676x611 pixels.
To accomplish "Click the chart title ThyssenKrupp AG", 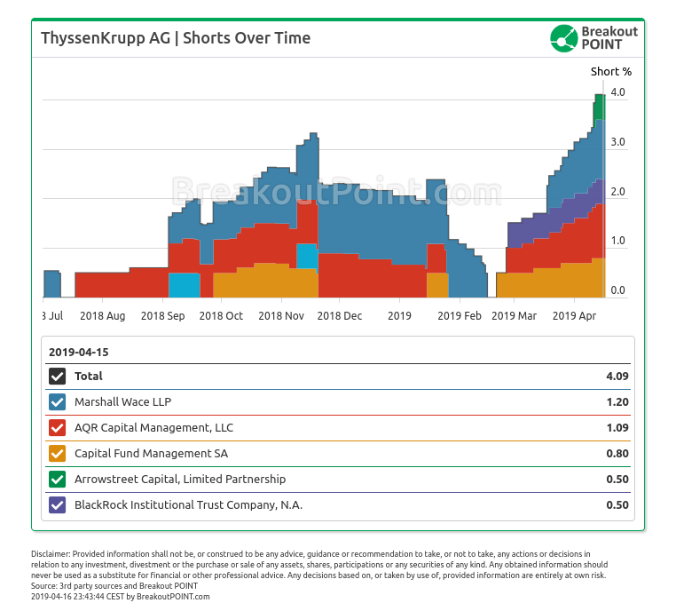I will tap(175, 38).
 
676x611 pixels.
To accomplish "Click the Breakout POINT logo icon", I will tap(563, 38).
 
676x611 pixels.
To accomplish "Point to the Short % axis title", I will tap(611, 71).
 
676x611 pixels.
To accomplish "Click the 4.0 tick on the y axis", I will tap(617, 92).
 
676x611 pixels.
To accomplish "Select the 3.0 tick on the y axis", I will tap(617, 142).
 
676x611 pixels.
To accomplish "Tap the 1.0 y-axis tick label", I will tap(617, 241).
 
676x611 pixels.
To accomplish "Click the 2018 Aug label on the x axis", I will tap(102, 315).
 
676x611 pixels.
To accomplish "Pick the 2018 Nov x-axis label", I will tap(281, 315).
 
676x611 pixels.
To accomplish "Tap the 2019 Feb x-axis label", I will tap(460, 315).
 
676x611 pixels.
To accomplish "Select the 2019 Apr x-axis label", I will tap(575, 315).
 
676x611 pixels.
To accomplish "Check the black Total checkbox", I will tap(58, 376).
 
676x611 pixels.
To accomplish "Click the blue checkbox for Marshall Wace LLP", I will tap(58, 401).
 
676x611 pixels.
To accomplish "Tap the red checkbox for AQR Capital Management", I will tap(58, 427).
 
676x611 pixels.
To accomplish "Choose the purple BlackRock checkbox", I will tap(58, 505).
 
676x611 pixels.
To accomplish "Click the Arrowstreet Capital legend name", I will tap(179, 480).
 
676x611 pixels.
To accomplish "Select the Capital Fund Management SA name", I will tap(151, 454).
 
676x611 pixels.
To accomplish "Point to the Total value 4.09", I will tap(617, 376).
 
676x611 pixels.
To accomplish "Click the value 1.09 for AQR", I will tap(617, 427).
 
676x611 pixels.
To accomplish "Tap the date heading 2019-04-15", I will tap(78, 352).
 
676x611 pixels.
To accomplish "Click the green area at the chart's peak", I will tap(599, 107).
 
